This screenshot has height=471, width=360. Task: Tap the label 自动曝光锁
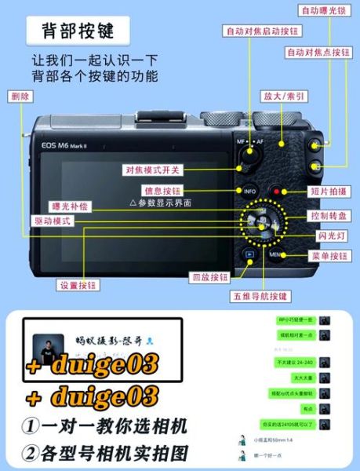click(325, 11)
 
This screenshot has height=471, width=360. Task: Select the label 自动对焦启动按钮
click(262, 31)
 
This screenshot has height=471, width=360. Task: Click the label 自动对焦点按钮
click(318, 53)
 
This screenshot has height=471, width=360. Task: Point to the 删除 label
click(21, 96)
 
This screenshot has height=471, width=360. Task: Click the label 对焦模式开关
click(152, 170)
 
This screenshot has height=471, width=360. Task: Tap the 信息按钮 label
click(163, 190)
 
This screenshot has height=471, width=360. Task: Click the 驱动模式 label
click(53, 221)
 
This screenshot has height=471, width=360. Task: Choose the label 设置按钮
click(79, 285)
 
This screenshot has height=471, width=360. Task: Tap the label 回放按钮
click(210, 277)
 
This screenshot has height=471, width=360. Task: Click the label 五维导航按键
click(260, 297)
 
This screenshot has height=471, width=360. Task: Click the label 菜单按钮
click(330, 256)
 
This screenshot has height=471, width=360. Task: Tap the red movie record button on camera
click(275, 191)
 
